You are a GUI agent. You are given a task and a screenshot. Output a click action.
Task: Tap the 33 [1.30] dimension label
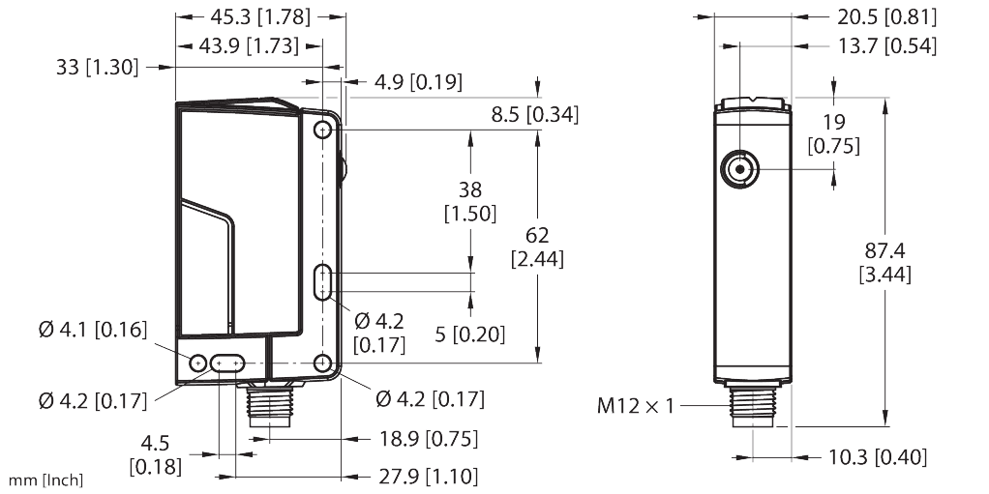point(97,68)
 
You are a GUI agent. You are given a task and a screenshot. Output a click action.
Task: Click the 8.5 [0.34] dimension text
point(534,115)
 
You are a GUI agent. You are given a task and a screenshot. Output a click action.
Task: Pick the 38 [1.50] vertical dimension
point(472,200)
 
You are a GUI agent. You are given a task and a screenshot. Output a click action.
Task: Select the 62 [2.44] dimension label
point(538,247)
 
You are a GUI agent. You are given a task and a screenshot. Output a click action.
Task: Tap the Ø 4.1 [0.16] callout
point(93,331)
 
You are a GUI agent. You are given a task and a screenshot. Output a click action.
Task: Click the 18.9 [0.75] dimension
point(426,439)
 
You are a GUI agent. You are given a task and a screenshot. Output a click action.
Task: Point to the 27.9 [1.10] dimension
point(426,476)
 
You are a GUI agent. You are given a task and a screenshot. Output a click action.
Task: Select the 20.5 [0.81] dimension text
point(874,16)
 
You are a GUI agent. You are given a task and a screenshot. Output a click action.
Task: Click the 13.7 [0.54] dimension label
point(874,45)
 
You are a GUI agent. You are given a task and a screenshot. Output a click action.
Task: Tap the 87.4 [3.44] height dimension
point(884,262)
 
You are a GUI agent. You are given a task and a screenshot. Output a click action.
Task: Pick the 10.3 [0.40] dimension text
point(874,456)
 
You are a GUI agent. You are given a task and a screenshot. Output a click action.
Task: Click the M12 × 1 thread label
point(634,405)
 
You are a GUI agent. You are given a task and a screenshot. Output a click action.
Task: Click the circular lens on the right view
point(740,170)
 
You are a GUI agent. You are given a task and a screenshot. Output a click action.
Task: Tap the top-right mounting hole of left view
point(323,131)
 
